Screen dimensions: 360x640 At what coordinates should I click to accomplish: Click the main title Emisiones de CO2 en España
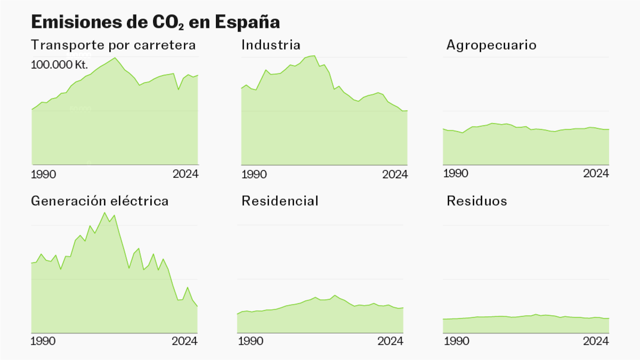155,22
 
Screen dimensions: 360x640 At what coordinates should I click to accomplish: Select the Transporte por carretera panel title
113,45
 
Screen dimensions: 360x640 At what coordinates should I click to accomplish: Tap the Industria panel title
270,45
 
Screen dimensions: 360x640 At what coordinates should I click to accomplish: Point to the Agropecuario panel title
491,45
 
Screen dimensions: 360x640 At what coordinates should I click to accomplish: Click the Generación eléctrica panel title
100,201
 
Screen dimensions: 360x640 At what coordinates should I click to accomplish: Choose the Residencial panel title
279,201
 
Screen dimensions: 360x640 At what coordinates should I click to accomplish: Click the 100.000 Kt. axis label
59,65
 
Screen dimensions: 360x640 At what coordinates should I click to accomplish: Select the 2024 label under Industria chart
395,174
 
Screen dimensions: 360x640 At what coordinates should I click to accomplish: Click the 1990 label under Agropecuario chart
456,174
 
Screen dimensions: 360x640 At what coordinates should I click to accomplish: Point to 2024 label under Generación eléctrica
185,341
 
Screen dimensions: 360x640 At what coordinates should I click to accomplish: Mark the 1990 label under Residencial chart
250,341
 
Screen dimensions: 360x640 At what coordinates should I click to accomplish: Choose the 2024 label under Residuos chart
596,341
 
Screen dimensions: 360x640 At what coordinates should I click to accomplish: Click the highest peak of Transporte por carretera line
115,58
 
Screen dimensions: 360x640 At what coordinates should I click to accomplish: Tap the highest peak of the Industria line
314,55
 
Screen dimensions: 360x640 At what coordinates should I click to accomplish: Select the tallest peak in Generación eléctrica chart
105,212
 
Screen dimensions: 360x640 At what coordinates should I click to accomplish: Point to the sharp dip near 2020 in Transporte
178,89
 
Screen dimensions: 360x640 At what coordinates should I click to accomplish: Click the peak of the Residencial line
335,295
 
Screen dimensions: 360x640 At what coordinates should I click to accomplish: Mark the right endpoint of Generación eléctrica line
197,306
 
